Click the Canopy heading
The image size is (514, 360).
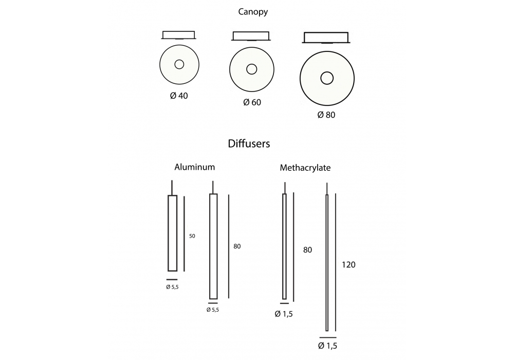click(x=253, y=12)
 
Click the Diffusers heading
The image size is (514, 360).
click(x=249, y=143)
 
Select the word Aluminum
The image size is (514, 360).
click(x=194, y=167)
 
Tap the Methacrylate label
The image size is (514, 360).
click(x=305, y=168)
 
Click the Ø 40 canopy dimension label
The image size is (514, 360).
click(x=179, y=96)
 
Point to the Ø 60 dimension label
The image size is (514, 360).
click(x=252, y=102)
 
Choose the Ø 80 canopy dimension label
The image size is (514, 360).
click(x=326, y=115)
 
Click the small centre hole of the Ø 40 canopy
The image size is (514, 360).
click(x=179, y=64)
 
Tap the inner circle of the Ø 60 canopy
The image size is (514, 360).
click(x=252, y=69)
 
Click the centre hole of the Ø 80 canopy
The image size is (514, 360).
click(x=327, y=78)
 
